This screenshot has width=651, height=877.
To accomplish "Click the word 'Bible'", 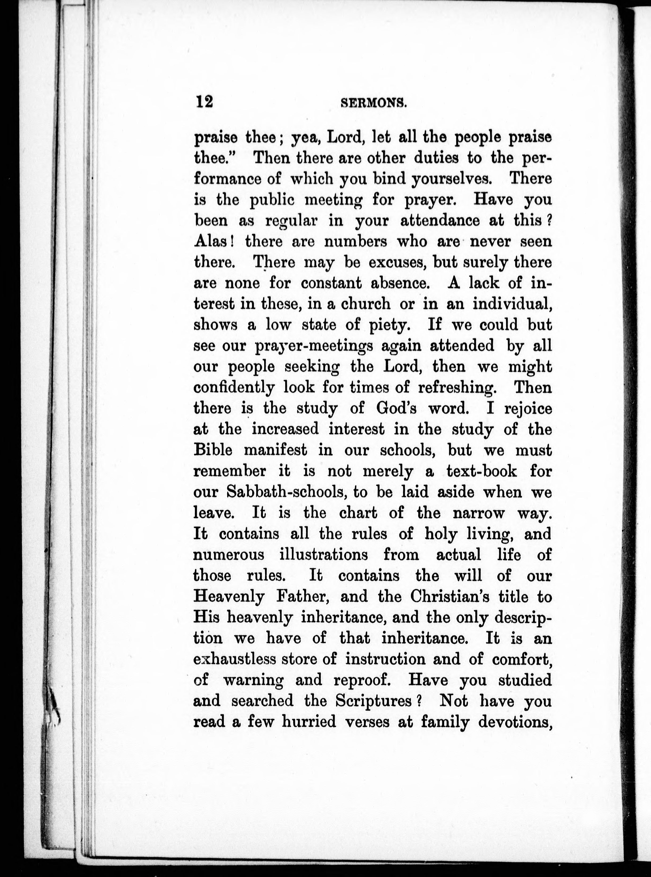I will tap(213, 450).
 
